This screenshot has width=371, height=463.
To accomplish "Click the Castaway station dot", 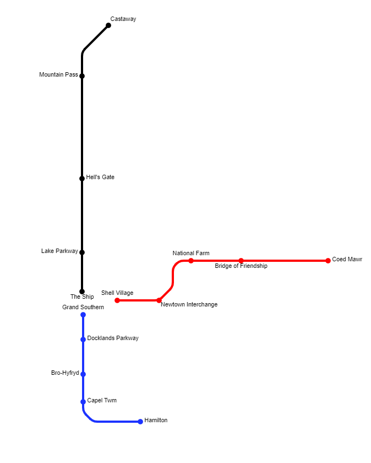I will coord(108,25).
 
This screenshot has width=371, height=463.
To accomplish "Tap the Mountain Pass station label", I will coord(58,74).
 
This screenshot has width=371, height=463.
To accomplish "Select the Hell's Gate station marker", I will coord(82,178).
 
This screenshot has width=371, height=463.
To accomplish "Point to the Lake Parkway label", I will coord(59,251).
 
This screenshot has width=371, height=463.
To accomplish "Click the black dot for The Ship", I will coord(82,292).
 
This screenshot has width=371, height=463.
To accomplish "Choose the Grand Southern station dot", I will coord(83,315).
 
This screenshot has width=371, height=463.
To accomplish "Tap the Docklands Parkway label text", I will coord(113,338).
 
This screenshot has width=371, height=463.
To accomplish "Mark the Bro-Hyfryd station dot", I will coord(83,374).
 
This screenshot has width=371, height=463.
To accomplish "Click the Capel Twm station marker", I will coord(83,402).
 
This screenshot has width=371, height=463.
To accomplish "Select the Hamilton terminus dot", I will coord(140,422).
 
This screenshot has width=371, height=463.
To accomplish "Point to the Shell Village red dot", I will coord(117,300).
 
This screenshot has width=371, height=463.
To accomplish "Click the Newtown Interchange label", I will coord(189,304).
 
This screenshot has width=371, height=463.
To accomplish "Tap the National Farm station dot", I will coord(191,261).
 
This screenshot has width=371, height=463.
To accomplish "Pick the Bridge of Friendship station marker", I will coord(241,261).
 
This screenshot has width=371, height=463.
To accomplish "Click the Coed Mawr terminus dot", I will coord(328,261).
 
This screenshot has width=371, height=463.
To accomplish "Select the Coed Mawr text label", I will coord(347,259).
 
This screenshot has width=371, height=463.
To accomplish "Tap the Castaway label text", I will coord(123,19).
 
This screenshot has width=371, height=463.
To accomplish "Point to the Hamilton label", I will coord(156,420).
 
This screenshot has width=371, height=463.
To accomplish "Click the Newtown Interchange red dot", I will coord(159,300).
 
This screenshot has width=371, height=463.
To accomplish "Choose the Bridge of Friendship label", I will coord(241,266).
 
